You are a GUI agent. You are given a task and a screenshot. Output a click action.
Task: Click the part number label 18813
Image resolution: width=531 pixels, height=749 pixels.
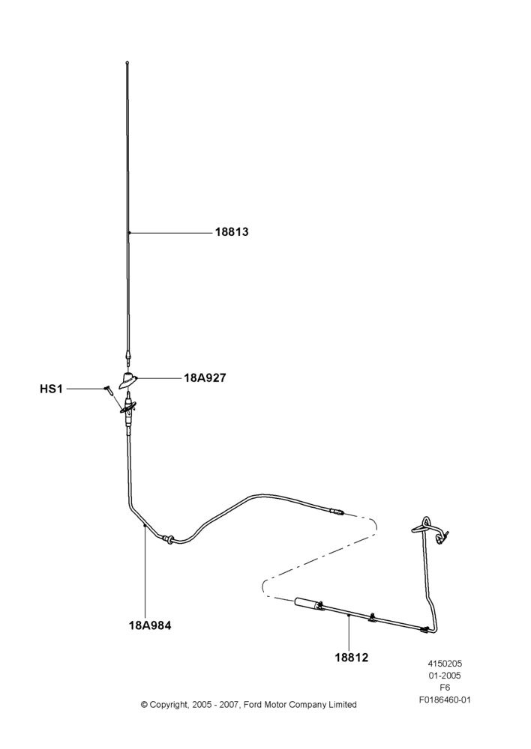[232, 232]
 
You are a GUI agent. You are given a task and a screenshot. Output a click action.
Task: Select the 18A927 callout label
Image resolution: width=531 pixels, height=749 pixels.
[205, 377]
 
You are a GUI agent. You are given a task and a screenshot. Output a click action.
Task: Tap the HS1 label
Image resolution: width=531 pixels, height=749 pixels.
[51, 389]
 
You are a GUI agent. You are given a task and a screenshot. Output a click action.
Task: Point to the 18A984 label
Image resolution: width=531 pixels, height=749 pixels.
[150, 625]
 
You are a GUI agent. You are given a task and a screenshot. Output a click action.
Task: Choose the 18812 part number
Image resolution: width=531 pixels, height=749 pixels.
[351, 658]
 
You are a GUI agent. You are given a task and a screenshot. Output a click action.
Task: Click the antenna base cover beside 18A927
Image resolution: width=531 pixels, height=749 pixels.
[128, 379]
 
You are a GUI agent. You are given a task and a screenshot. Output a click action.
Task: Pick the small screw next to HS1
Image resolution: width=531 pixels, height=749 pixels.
[108, 389]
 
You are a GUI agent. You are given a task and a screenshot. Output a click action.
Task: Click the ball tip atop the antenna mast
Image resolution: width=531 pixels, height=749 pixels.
[127, 62]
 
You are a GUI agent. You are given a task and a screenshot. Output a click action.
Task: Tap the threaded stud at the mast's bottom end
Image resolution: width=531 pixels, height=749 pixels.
[127, 357]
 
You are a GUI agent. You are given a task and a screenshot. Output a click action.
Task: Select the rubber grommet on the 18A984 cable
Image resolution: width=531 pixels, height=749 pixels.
[168, 539]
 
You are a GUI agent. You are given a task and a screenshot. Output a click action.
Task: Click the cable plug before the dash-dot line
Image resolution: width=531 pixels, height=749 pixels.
[336, 512]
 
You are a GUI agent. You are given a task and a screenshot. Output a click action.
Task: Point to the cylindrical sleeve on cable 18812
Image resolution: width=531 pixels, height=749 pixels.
[307, 603]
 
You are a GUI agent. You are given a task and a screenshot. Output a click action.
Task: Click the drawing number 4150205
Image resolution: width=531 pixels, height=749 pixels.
[445, 664]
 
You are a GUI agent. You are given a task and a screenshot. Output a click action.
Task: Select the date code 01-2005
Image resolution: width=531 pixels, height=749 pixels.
[445, 676]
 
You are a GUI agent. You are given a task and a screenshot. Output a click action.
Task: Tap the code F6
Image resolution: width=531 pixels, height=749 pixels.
[445, 688]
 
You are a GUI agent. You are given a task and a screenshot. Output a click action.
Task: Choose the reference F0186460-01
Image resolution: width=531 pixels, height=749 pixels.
[445, 700]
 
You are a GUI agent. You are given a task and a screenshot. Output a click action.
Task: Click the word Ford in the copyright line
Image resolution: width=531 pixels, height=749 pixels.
[253, 705]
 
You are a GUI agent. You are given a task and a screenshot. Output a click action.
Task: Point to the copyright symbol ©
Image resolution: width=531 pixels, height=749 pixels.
[144, 705]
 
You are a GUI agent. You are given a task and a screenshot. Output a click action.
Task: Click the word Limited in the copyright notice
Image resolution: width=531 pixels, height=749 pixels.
[342, 705]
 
